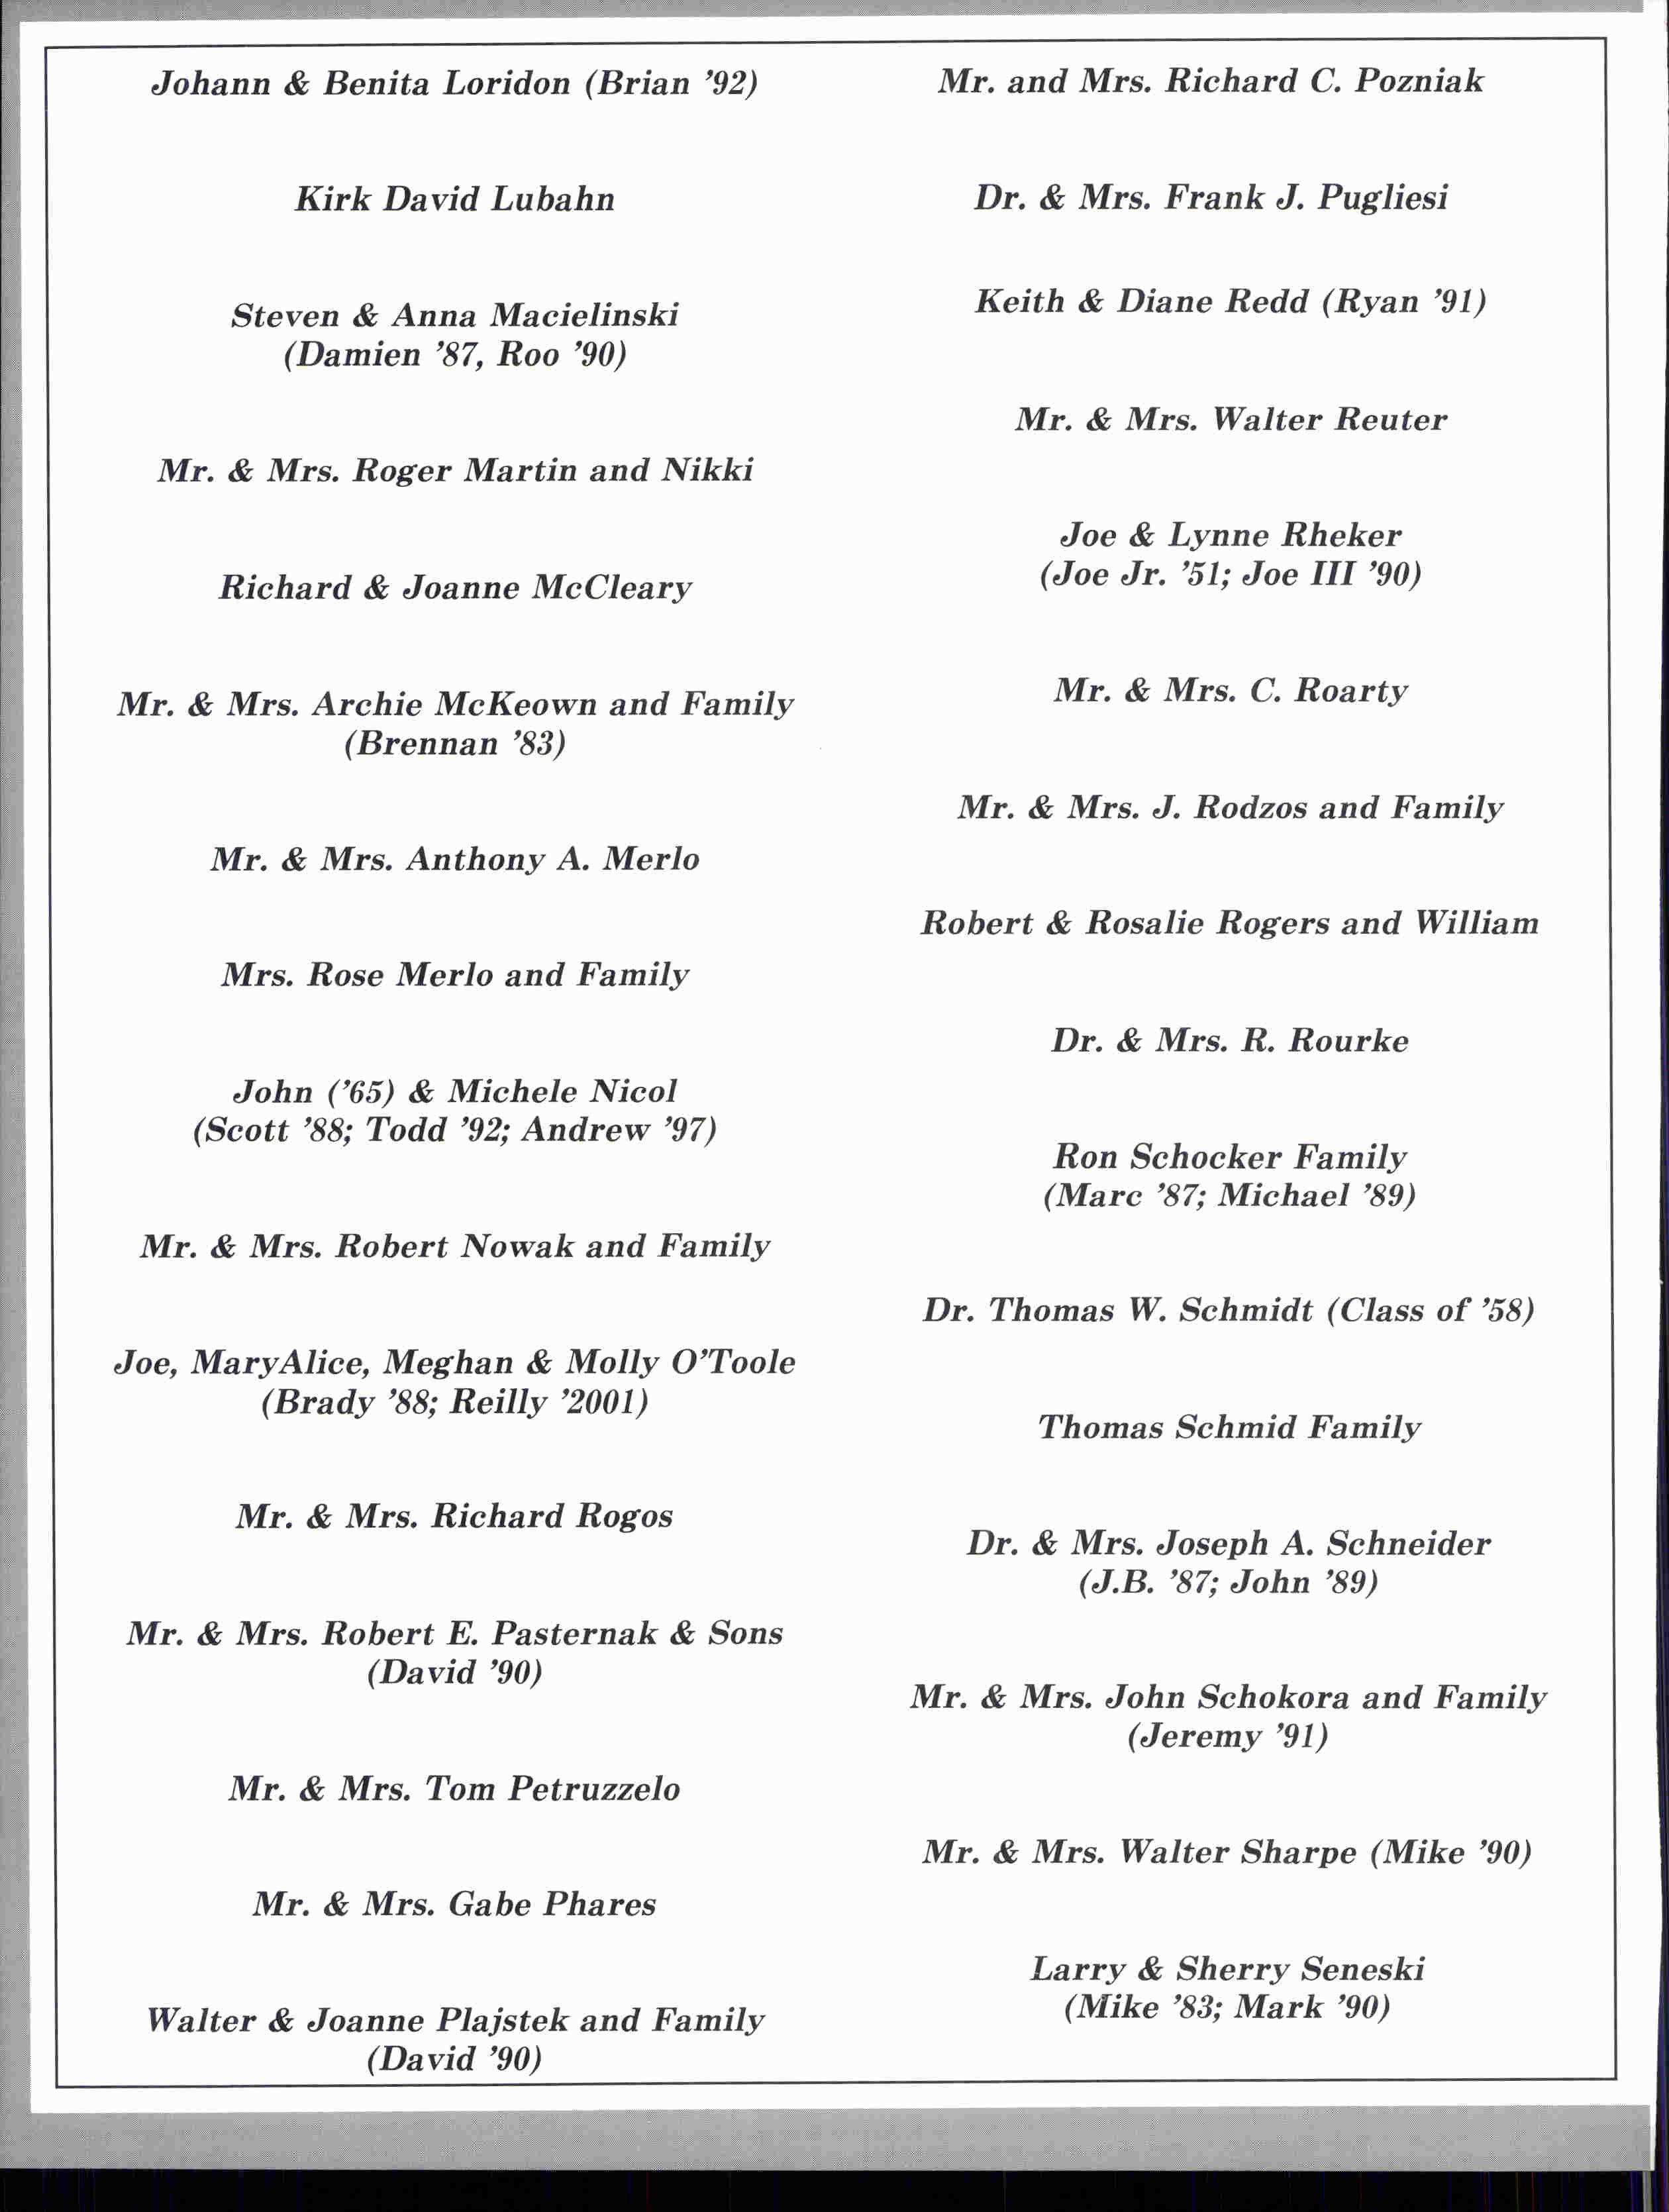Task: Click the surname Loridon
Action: click(507, 83)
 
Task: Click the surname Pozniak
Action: click(1419, 81)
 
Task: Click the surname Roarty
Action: click(1351, 690)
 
